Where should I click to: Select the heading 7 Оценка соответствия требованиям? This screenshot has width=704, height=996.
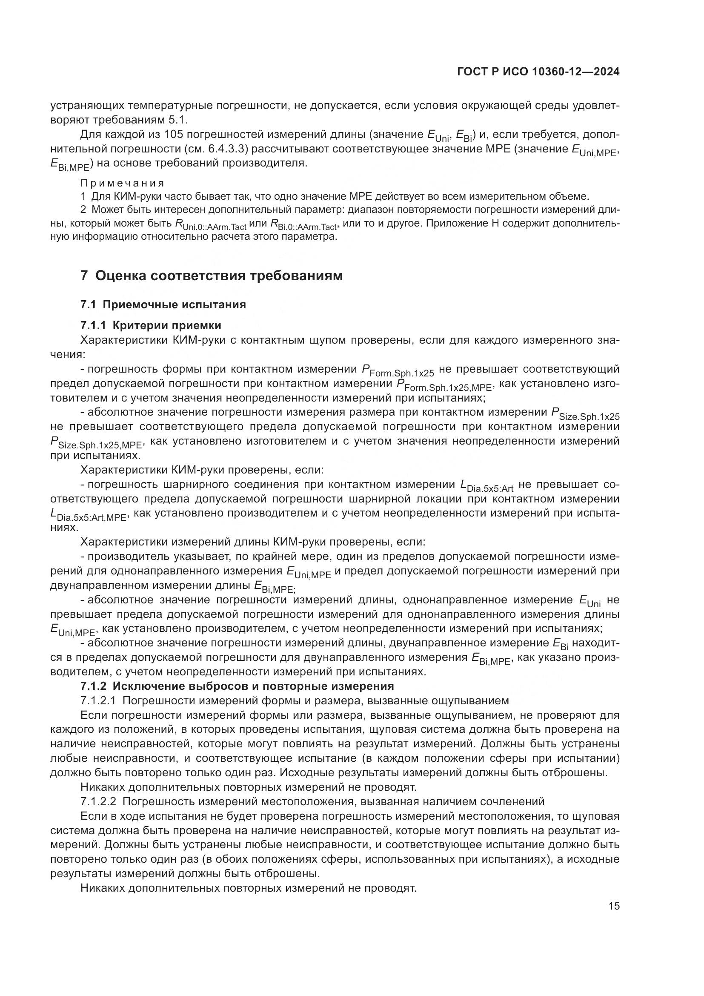click(x=212, y=276)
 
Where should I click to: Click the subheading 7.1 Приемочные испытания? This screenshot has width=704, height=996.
click(x=163, y=304)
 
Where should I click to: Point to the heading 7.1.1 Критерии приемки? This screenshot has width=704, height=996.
click(x=151, y=325)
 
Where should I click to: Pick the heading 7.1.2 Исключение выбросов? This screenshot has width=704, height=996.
click(x=237, y=686)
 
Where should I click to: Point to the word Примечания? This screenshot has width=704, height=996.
click(x=123, y=183)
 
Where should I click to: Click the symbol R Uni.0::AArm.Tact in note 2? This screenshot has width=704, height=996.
click(x=210, y=225)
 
